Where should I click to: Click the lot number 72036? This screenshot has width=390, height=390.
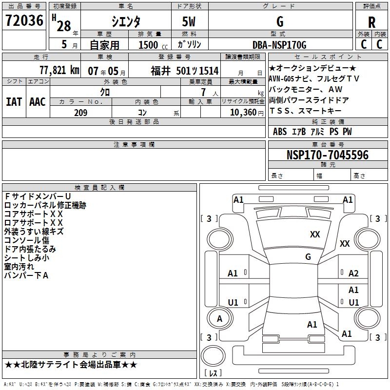pyautogui.click(x=24, y=21)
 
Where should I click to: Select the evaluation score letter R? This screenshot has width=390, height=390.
pyautogui.click(x=372, y=22)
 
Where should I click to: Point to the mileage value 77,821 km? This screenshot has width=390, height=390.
pyautogui.click(x=59, y=70)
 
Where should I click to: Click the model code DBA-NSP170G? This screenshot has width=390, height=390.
pyautogui.click(x=280, y=45)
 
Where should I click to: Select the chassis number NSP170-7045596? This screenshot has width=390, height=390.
pyautogui.click(x=328, y=155)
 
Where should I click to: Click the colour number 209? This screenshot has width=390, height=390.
pyautogui.click(x=80, y=113)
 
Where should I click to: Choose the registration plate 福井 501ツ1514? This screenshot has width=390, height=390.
pyautogui.click(x=184, y=71)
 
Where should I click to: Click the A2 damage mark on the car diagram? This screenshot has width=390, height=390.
pyautogui.click(x=353, y=273)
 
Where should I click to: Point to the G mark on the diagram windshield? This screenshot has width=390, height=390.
pyautogui.click(x=308, y=256)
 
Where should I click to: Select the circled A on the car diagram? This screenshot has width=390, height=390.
pyautogui.click(x=219, y=319)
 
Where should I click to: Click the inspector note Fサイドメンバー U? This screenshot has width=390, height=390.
pyautogui.click(x=38, y=196)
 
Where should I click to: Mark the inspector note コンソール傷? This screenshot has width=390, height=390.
pyautogui.click(x=26, y=240)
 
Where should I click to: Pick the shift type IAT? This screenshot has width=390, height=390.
pyautogui.click(x=14, y=102)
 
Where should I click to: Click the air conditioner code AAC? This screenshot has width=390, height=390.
pyautogui.click(x=38, y=102)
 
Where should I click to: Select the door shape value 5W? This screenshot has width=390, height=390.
pyautogui.click(x=190, y=22)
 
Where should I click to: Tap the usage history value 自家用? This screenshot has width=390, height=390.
pyautogui.click(x=104, y=45)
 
